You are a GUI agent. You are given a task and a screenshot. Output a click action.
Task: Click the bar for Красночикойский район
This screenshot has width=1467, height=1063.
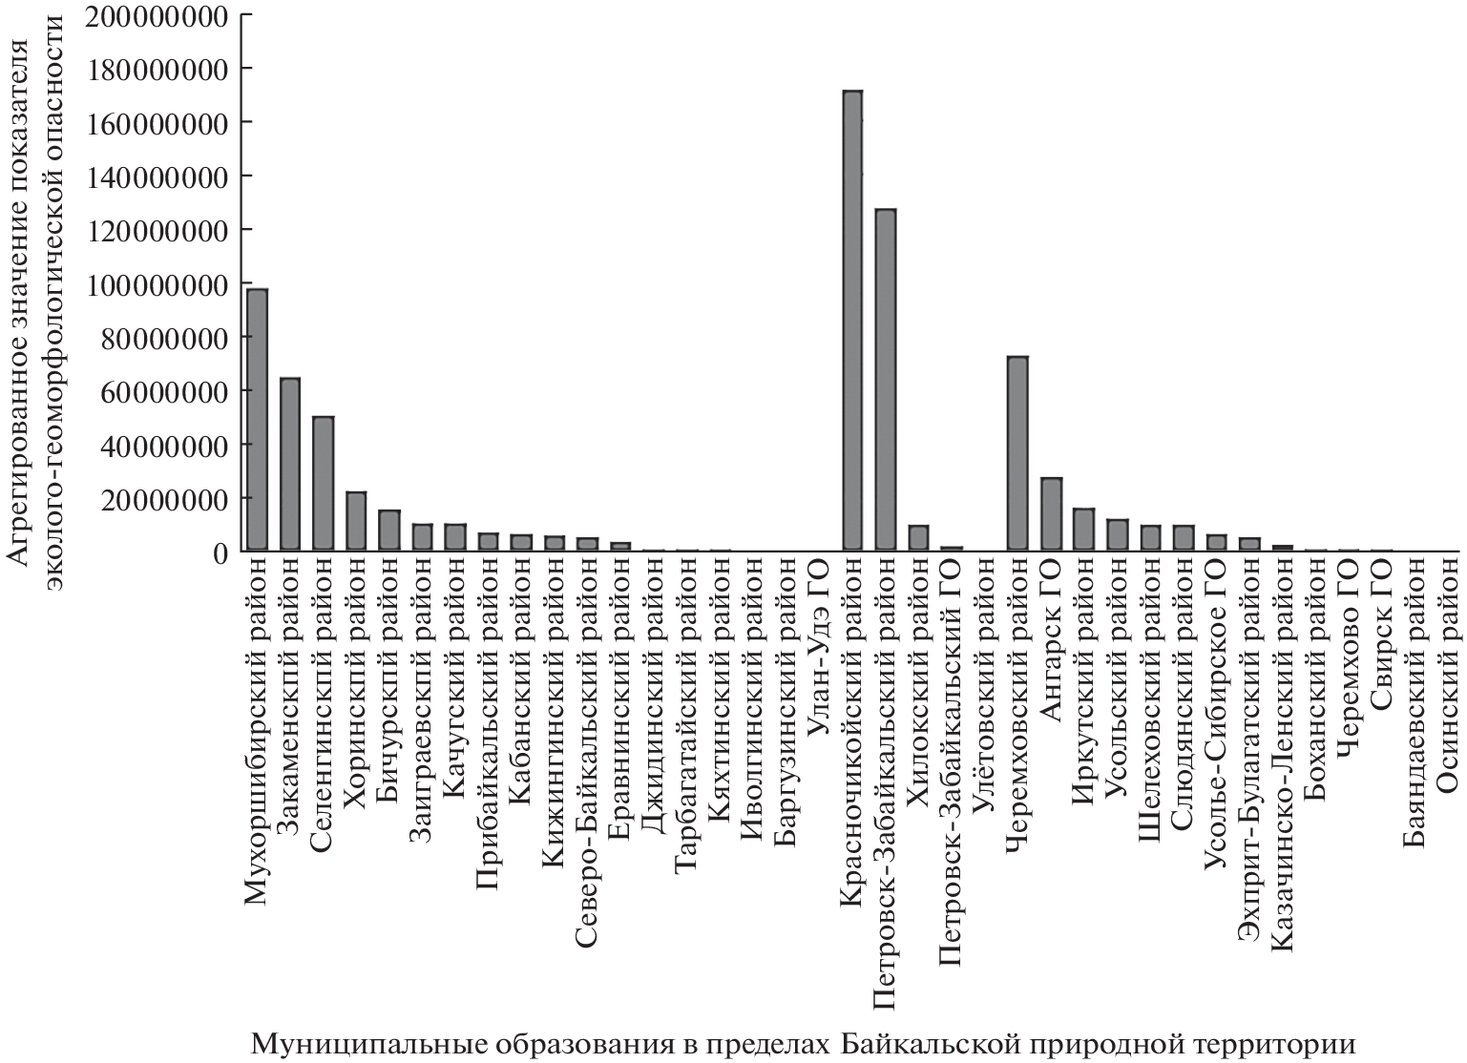click(852, 321)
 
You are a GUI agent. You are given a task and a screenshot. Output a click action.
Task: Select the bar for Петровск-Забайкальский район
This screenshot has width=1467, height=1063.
click(886, 380)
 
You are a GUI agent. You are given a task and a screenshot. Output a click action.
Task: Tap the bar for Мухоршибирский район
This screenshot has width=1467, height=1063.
click(256, 420)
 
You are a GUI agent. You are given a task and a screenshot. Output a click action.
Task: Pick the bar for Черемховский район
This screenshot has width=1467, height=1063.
click(1017, 453)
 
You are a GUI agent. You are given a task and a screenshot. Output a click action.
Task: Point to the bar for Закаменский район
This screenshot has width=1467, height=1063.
click(289, 465)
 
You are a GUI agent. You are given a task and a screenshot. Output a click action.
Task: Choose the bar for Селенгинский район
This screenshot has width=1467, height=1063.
click(323, 484)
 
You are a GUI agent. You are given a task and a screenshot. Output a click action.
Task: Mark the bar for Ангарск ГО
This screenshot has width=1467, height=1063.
click(1051, 514)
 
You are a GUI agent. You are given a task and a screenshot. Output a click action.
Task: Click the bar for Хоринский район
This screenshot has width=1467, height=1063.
click(356, 521)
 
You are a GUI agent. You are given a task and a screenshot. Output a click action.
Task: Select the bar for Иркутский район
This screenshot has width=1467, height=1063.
click(1083, 530)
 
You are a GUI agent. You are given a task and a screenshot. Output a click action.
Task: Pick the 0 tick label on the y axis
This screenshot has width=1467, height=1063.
click(220, 552)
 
